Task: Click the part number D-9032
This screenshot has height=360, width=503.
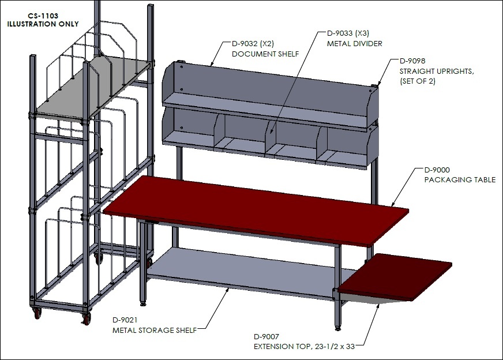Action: [x=245, y=44]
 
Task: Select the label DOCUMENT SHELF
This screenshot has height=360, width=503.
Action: [x=265, y=54]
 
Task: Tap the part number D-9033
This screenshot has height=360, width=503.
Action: [x=340, y=33]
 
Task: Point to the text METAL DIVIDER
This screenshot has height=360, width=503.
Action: [x=355, y=43]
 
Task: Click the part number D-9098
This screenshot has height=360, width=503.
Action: [x=412, y=61]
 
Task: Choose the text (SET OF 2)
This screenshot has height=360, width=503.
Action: [x=418, y=81]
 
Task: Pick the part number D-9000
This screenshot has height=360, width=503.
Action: [x=437, y=170]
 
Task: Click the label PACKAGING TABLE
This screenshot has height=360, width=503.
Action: [x=460, y=179]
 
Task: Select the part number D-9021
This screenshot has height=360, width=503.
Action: [x=125, y=320]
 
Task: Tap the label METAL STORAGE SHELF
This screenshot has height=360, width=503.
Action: [x=155, y=330]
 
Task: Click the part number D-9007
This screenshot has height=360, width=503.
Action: [x=266, y=336]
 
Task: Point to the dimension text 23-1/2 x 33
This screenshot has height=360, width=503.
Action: [x=333, y=347]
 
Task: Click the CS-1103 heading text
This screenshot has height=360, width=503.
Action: [x=43, y=16]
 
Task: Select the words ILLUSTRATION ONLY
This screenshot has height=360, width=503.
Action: [x=43, y=24]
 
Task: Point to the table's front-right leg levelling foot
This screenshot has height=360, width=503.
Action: [x=338, y=328]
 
